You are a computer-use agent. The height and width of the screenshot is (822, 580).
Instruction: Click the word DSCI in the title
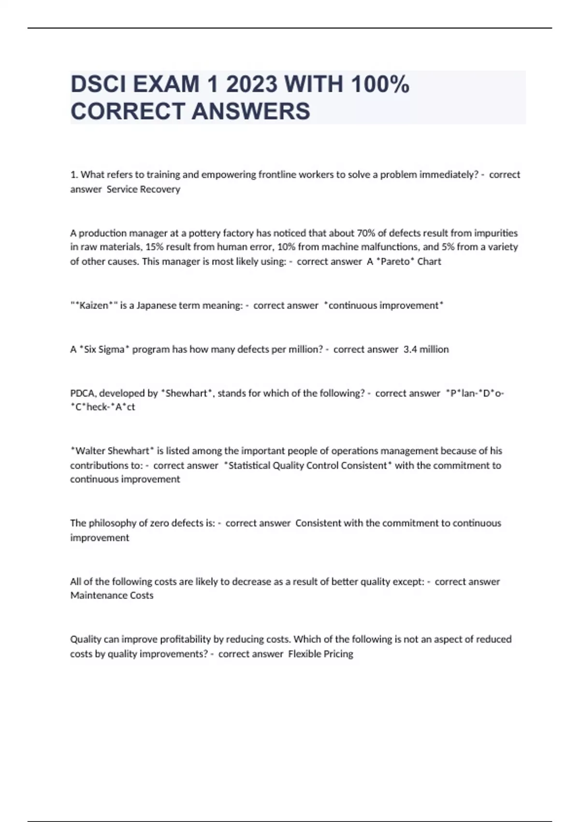98,85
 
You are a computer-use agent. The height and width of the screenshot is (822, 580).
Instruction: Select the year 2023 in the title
251,85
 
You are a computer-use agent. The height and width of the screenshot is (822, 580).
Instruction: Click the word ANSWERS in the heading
251,111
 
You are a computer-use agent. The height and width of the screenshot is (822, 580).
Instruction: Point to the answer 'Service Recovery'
143,189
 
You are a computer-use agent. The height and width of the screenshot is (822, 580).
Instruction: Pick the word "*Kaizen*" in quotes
94,306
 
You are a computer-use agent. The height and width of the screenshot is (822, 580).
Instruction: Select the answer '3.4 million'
426,349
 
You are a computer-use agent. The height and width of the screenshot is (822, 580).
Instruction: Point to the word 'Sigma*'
114,349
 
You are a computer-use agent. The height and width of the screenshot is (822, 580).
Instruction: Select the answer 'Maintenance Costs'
112,596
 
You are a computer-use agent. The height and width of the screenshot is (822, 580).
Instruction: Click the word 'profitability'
166,639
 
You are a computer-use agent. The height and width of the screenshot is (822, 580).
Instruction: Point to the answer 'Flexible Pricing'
320,654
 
